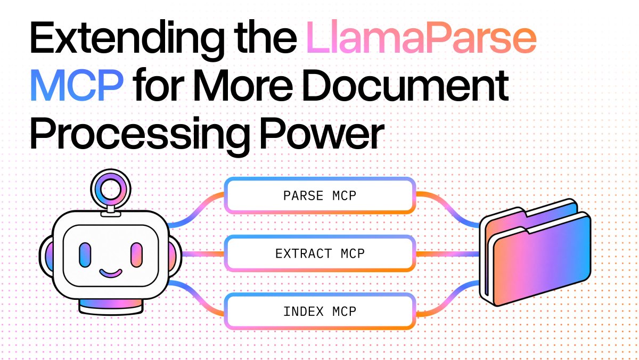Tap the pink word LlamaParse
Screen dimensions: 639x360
pyautogui.click(x=421, y=38)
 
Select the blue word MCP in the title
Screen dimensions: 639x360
pyautogui.click(x=77, y=85)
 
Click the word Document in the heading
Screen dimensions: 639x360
pyautogui.click(x=405, y=85)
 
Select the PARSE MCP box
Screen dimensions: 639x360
pyautogui.click(x=320, y=195)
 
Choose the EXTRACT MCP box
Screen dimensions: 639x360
pyautogui.click(x=320, y=253)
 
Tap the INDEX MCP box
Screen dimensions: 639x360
pyautogui.click(x=320, y=311)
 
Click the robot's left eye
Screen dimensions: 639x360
pyautogui.click(x=85, y=255)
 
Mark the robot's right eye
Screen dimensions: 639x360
pyautogui.click(x=136, y=255)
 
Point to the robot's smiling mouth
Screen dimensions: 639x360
pyautogui.click(x=111, y=273)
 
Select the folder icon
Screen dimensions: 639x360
pyautogui.click(x=535, y=252)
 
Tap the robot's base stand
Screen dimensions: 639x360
pyautogui.click(x=111, y=307)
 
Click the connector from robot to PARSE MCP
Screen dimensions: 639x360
pyautogui.click(x=196, y=210)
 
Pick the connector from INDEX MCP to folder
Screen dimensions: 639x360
pyautogui.click(x=447, y=298)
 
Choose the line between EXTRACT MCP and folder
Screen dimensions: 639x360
pyautogui.click(x=447, y=253)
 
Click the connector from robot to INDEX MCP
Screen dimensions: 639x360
pyautogui.click(x=196, y=298)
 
